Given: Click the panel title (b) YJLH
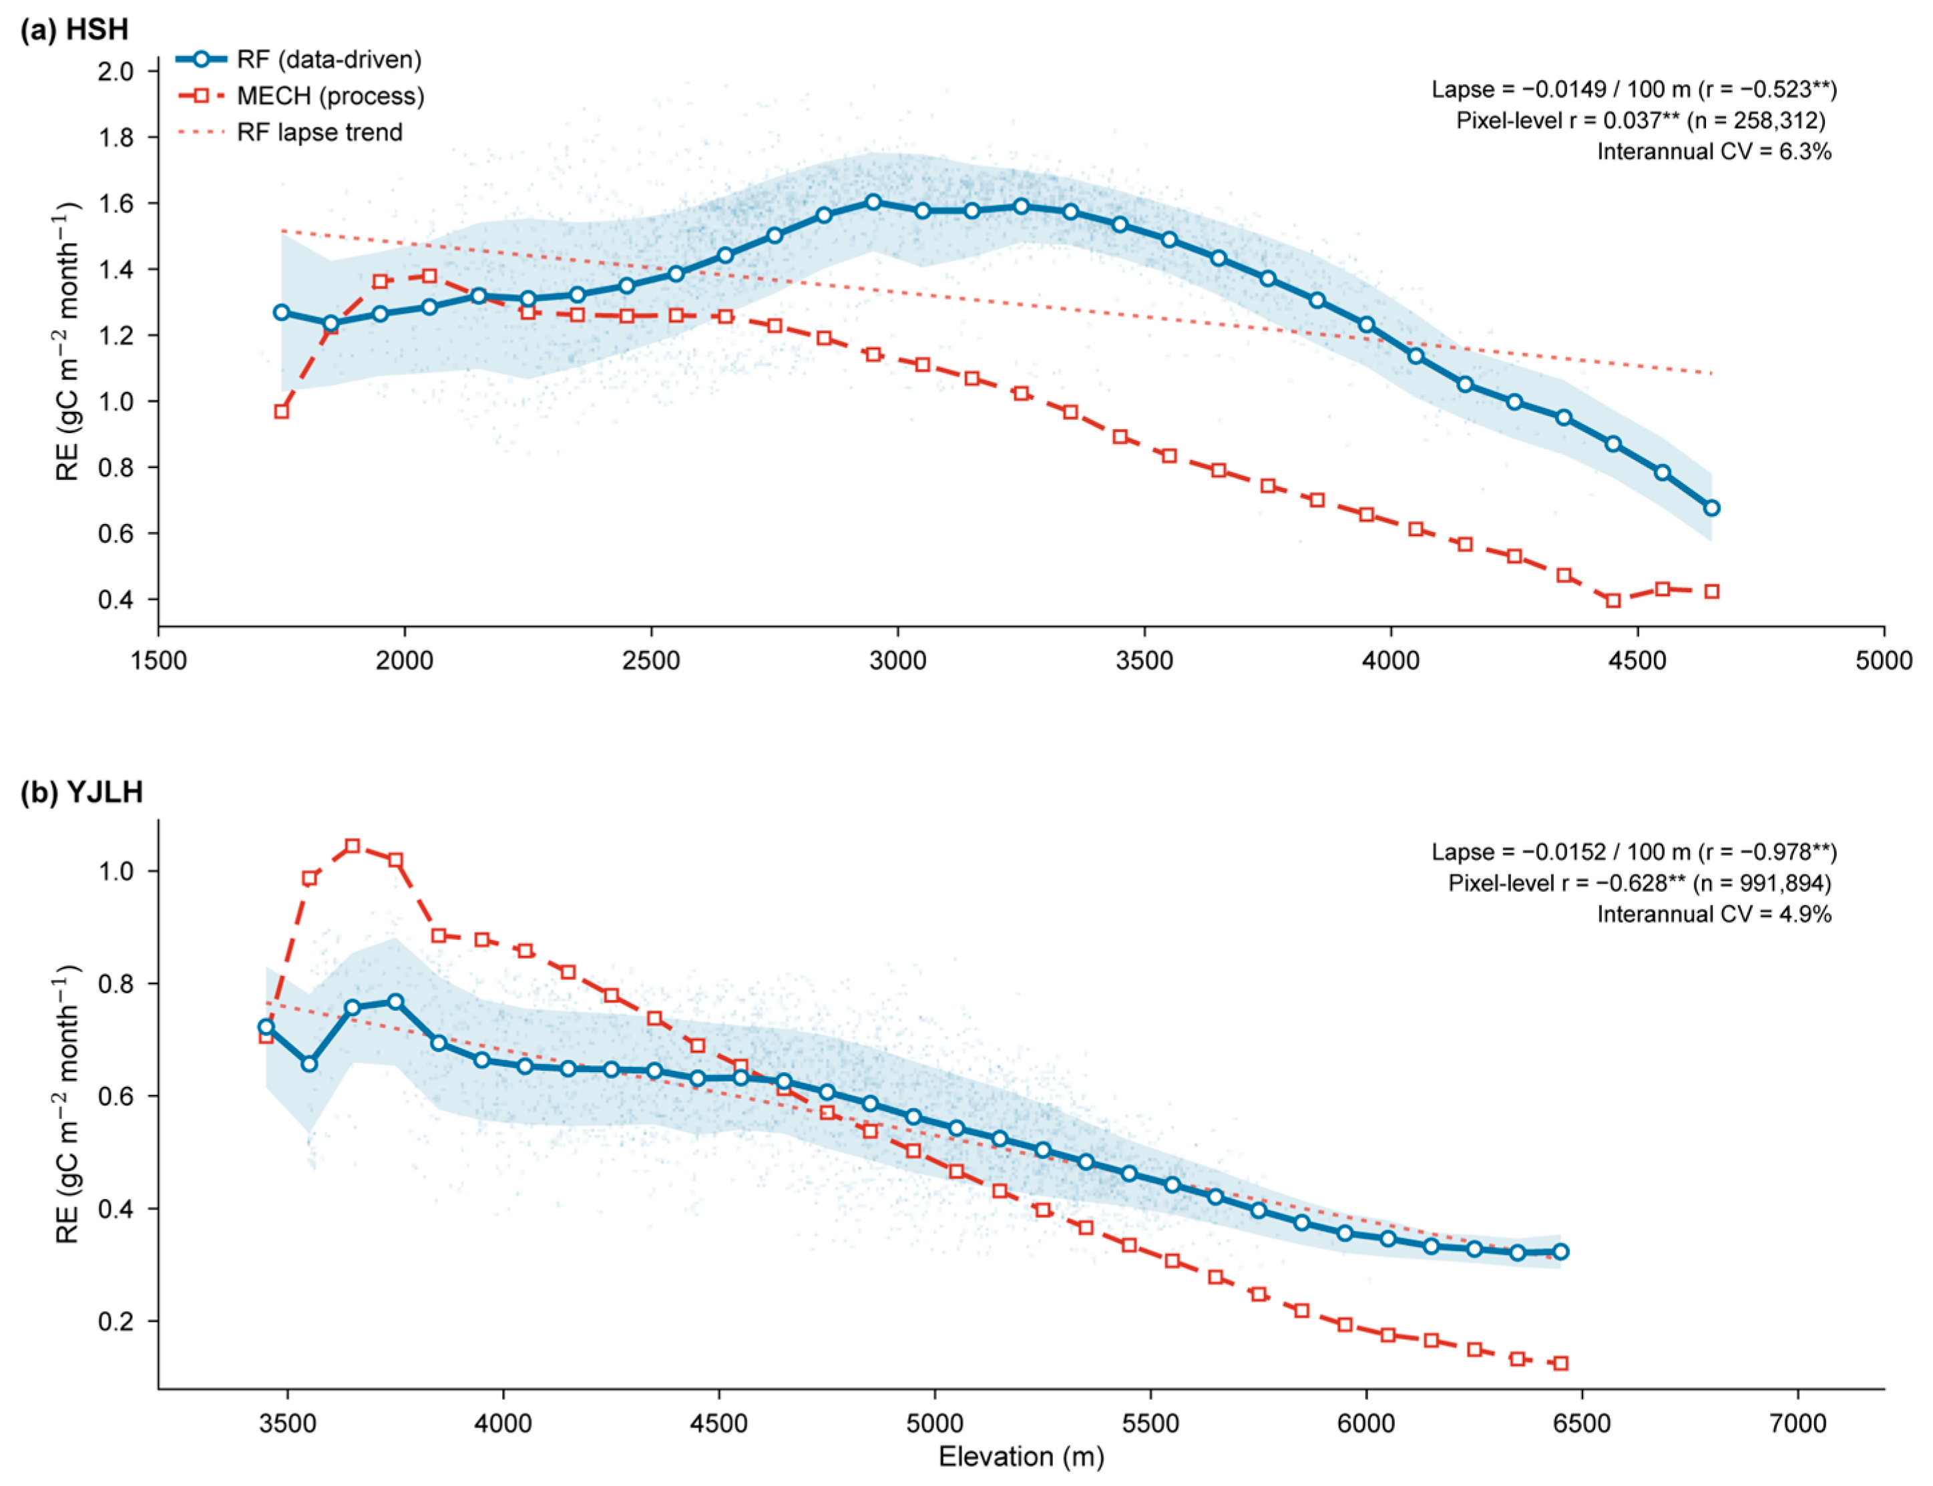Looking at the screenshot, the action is coord(81,791).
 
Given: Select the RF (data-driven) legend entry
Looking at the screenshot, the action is coord(299,59).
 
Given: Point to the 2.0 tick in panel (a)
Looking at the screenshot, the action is coord(116,71).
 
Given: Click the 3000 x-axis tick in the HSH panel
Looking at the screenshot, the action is coord(898,660).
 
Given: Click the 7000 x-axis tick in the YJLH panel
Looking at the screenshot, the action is coord(1797,1423).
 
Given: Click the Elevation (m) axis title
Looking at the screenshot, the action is coord(1022,1457).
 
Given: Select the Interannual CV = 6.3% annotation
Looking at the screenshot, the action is coord(1713,152).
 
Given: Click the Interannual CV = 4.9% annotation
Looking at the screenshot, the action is coord(1713,914).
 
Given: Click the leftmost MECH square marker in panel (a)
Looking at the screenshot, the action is coord(281,411).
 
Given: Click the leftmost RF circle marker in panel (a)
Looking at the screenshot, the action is coord(281,312).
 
